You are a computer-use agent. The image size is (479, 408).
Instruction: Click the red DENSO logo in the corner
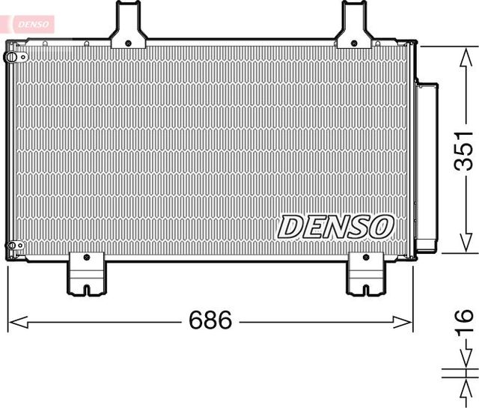(27, 24)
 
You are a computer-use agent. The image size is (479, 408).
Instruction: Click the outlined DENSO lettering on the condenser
(336, 225)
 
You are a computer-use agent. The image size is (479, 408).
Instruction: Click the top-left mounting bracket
(128, 26)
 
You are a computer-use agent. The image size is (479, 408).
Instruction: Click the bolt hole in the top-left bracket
(129, 42)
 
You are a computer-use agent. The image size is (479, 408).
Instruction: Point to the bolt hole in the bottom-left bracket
(87, 258)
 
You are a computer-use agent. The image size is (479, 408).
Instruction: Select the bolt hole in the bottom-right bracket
(364, 258)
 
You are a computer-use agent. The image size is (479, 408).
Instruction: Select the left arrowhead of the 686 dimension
(13, 323)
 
